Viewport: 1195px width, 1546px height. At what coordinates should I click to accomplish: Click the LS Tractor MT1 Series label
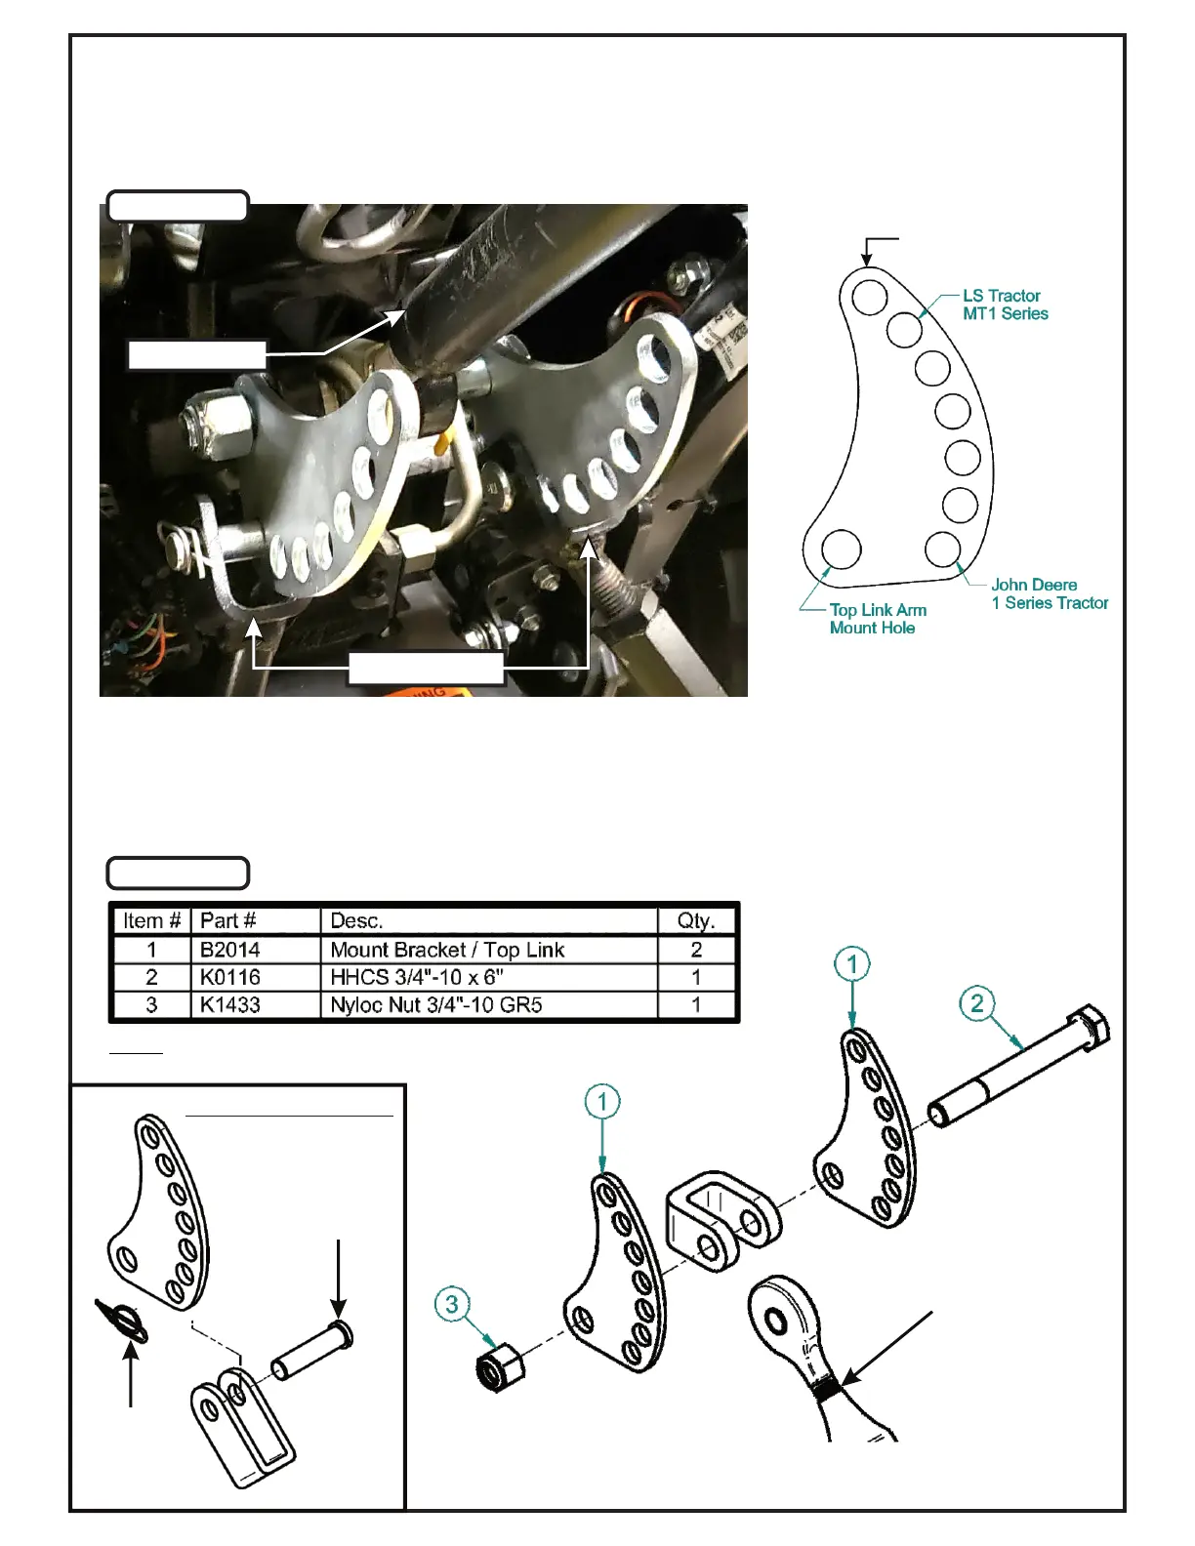click(x=1005, y=305)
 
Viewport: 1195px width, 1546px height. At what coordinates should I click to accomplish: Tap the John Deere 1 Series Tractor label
click(x=1049, y=593)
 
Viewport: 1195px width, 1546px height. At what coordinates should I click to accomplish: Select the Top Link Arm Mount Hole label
click(x=877, y=619)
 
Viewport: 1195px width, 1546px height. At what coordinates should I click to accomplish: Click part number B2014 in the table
click(x=229, y=950)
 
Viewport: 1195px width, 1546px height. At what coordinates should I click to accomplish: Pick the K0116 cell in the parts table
click(x=229, y=977)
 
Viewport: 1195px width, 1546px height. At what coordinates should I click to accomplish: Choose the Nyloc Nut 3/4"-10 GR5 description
click(x=435, y=1004)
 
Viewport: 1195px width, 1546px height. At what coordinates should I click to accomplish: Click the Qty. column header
click(x=696, y=920)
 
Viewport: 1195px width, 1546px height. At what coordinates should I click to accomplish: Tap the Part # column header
click(x=227, y=920)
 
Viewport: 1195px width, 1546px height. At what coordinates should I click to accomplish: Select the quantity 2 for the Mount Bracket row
click(x=696, y=950)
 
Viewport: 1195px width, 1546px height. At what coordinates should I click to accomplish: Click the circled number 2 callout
click(x=977, y=1003)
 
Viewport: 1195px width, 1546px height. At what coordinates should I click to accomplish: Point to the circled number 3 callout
click(x=452, y=1304)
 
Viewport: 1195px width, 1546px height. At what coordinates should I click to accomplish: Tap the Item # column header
click(x=151, y=920)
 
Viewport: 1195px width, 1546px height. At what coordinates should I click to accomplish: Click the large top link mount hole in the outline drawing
click(x=841, y=549)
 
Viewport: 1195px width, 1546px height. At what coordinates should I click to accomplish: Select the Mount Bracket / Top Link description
click(x=447, y=950)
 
